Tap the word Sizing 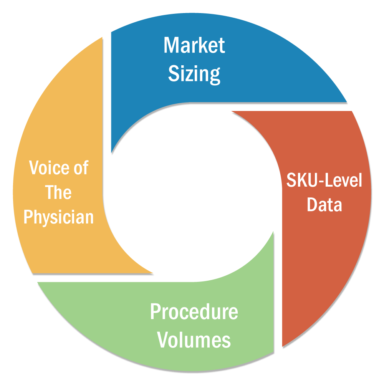(194, 74)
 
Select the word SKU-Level (324, 180)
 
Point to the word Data (324, 205)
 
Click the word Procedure (194, 312)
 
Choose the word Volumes (194, 340)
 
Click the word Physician (59, 217)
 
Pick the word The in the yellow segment (59, 192)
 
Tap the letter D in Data (312, 205)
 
